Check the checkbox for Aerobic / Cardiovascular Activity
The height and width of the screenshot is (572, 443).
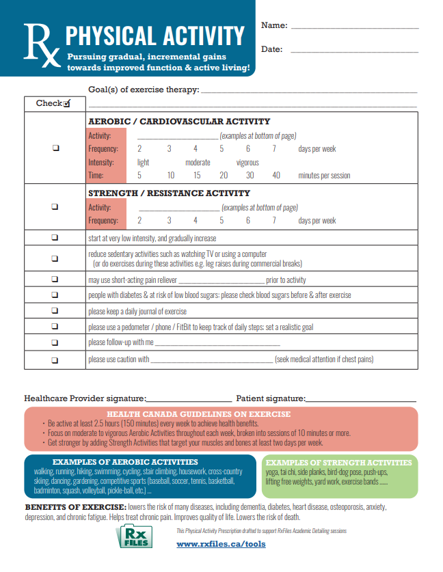click(55, 149)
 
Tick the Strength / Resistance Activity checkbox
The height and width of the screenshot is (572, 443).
click(55, 206)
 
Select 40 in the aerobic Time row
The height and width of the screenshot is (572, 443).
click(276, 176)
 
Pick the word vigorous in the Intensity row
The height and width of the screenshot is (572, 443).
click(247, 163)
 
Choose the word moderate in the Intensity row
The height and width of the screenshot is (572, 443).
click(198, 163)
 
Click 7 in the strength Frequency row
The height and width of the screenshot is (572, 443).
click(274, 221)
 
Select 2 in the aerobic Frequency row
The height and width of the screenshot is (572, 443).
click(139, 149)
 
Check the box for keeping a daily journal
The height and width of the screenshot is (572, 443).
click(55, 311)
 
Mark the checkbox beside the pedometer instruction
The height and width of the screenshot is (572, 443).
click(55, 327)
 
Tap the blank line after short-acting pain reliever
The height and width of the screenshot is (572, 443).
click(221, 281)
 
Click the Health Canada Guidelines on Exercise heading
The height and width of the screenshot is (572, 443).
click(198, 414)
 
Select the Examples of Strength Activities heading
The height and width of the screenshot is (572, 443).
click(338, 463)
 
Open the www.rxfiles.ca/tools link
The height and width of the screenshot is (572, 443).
click(221, 544)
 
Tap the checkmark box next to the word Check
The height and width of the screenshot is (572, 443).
click(66, 104)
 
